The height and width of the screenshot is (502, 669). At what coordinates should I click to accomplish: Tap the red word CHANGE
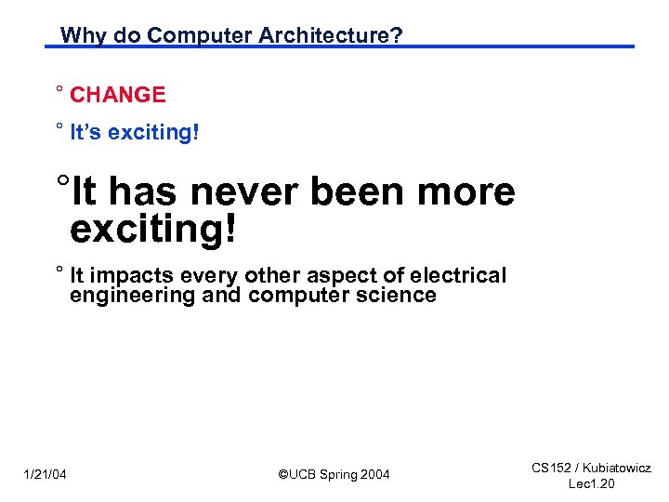point(118,95)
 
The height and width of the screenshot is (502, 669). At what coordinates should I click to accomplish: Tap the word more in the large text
point(466,192)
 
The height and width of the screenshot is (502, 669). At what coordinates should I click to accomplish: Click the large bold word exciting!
point(153,229)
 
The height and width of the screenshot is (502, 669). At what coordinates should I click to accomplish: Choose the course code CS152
point(550,469)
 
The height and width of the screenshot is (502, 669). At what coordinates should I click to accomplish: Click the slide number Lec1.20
point(591,485)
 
